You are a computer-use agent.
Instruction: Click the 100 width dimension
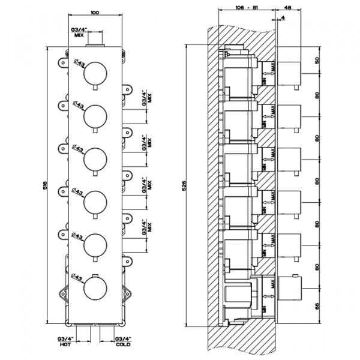94,12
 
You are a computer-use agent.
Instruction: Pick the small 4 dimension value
282,20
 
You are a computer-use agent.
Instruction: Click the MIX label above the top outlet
78,35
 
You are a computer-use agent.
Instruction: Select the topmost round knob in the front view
95,74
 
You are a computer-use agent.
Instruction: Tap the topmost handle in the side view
290,74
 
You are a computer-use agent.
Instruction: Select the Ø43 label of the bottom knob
77,278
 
